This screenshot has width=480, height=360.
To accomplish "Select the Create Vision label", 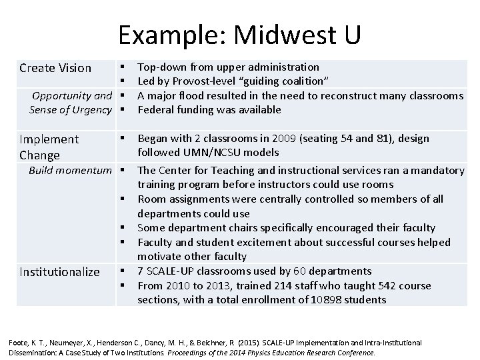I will pyautogui.click(x=55, y=67).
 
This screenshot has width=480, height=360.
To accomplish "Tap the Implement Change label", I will pyautogui.click(x=49, y=147).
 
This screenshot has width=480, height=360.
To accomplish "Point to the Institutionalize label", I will pyautogui.click(x=60, y=271).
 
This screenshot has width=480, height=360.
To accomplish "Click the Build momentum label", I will pyautogui.click(x=70, y=170).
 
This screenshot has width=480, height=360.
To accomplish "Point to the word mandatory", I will pyautogui.click(x=436, y=170).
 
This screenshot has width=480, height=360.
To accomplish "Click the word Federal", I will pyautogui.click(x=155, y=109).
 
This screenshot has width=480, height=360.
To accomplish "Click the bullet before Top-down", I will pyautogui.click(x=123, y=67).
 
